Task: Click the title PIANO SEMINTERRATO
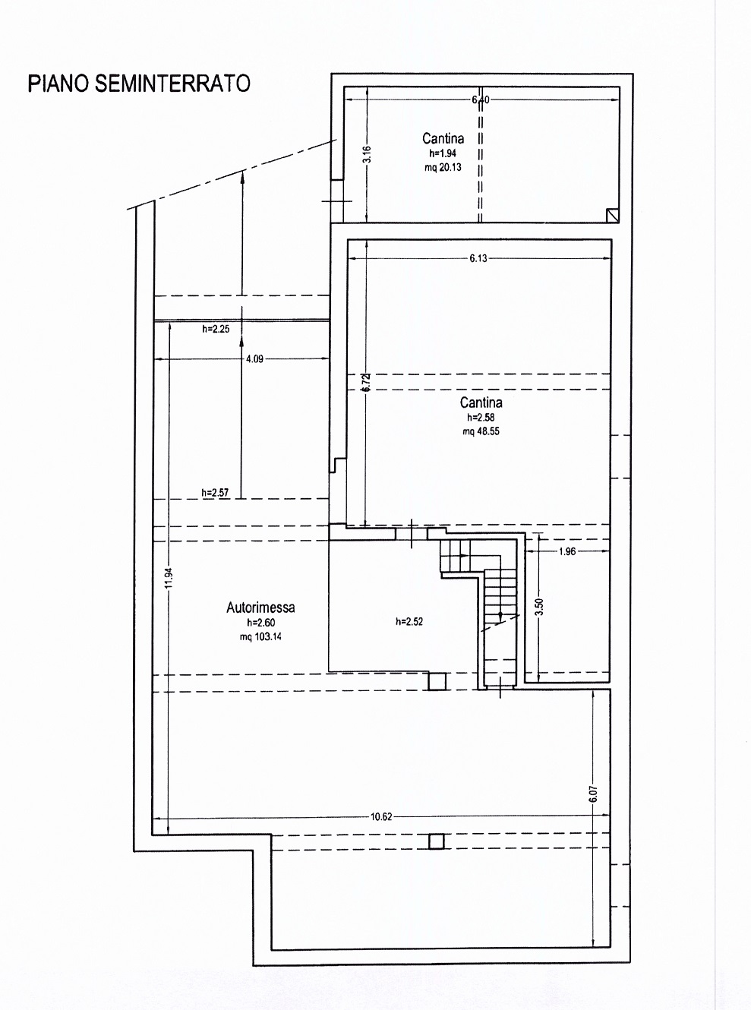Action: point(139,84)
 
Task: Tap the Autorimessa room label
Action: point(260,608)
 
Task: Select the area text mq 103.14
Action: point(260,636)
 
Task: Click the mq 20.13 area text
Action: point(443,167)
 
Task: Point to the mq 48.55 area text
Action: point(481,431)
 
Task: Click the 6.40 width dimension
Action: point(481,99)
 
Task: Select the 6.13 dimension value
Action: point(478,258)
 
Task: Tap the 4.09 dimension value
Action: point(254,359)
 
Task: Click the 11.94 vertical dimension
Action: point(169,578)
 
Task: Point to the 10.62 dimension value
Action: point(381,816)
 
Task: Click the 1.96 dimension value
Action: point(567,551)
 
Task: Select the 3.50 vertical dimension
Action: point(539,607)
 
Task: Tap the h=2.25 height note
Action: point(216,329)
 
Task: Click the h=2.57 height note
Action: point(215,492)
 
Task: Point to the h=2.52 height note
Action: point(409,622)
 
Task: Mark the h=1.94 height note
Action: point(443,153)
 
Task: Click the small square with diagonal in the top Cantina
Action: point(613,215)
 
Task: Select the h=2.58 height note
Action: point(481,417)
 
